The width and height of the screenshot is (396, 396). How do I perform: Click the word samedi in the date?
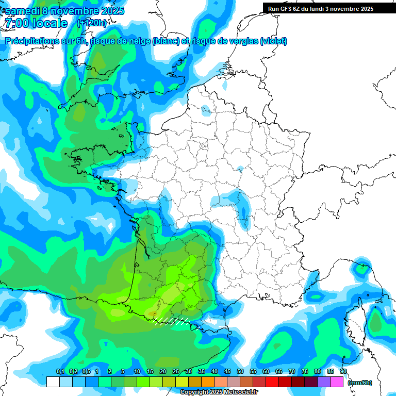pyautogui.click(x=23, y=11)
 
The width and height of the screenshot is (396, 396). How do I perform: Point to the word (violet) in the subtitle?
pyautogui.click(x=273, y=41)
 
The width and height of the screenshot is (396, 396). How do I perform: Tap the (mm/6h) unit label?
pyautogui.click(x=359, y=383)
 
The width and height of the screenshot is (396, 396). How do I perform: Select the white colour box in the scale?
pyautogui.click(x=53, y=382)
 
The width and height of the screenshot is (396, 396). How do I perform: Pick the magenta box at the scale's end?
pyautogui.click(x=337, y=382)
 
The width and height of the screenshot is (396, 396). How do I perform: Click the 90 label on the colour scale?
pyautogui.click(x=343, y=372)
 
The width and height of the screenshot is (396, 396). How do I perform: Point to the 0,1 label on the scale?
pyautogui.click(x=60, y=372)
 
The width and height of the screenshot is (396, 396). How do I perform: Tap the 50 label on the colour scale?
pyautogui.click(x=240, y=372)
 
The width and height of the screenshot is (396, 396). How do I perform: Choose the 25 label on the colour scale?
pyautogui.click(x=175, y=372)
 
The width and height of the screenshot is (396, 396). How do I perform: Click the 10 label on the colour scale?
pyautogui.click(x=137, y=372)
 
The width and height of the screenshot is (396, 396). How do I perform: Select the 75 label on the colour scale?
pyautogui.click(x=304, y=372)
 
